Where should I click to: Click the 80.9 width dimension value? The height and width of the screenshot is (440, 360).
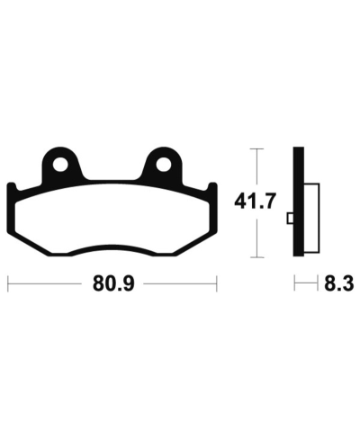[113, 283]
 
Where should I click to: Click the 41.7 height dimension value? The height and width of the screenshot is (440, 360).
[255, 202]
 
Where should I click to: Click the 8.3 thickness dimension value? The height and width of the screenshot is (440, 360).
[338, 283]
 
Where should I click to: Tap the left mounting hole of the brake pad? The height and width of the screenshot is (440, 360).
[60, 165]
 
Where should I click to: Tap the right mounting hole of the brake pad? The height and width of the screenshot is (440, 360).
[163, 165]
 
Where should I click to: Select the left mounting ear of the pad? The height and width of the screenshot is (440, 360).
[61, 165]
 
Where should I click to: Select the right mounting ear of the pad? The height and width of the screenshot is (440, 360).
[162, 165]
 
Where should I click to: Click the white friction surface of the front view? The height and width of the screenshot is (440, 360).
[112, 220]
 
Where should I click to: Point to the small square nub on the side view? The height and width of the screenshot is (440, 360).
[291, 219]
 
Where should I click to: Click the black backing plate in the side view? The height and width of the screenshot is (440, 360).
[299, 202]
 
